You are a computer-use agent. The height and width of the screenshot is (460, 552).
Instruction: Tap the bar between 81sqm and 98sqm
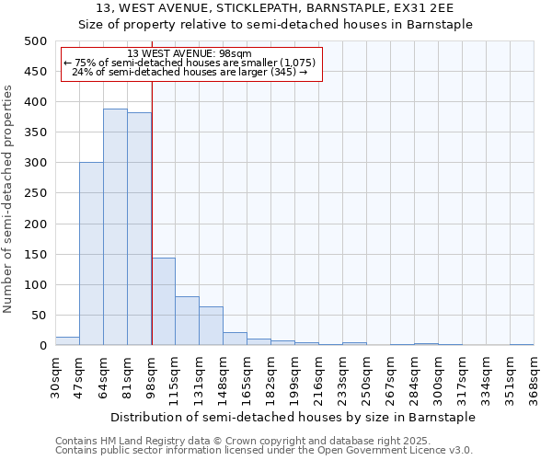(139, 229)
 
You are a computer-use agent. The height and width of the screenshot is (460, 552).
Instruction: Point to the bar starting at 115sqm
(187, 321)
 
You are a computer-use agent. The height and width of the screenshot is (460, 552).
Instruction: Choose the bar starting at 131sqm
(211, 327)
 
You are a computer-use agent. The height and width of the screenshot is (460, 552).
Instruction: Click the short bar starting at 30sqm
(67, 341)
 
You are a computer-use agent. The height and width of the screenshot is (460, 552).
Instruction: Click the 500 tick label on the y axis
(35, 41)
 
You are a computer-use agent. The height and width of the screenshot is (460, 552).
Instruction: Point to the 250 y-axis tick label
(35, 193)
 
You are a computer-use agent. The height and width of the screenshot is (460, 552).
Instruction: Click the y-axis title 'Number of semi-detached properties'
(9, 199)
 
